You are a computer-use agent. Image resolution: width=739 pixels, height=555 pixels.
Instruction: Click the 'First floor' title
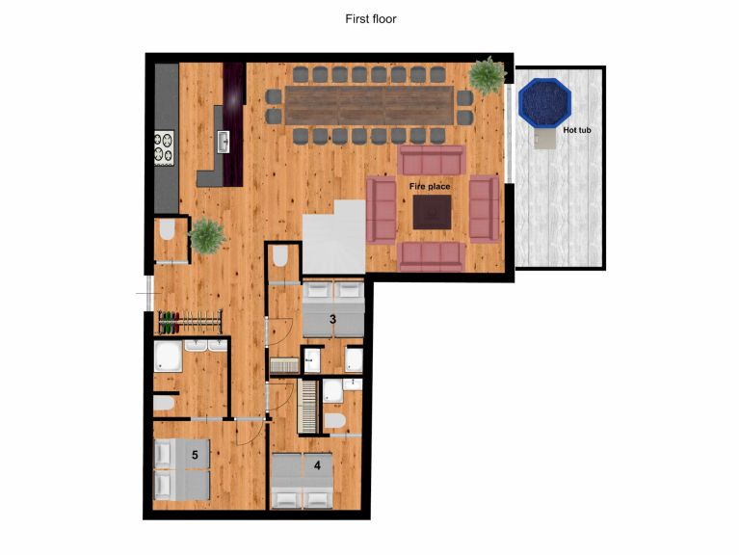(370, 19)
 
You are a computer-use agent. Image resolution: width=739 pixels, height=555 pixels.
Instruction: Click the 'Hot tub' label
(577, 130)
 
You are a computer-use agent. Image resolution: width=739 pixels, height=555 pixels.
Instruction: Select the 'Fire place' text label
(430, 187)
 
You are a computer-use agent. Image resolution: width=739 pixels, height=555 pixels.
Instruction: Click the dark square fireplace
(432, 212)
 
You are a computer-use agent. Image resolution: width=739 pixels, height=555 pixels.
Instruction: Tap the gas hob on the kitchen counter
(164, 147)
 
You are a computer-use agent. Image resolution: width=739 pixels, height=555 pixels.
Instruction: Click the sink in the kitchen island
(224, 142)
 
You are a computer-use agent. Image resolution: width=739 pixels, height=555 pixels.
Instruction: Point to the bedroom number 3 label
(332, 320)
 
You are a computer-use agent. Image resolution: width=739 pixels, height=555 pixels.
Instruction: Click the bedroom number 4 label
(317, 465)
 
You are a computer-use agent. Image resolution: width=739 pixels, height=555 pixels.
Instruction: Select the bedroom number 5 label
(195, 455)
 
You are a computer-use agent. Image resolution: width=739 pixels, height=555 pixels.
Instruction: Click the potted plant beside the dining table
(488, 75)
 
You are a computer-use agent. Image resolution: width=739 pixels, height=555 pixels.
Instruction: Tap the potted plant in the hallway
(206, 235)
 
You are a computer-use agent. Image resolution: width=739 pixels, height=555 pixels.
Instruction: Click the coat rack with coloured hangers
(190, 321)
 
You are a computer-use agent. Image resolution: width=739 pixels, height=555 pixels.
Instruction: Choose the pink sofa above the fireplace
(432, 160)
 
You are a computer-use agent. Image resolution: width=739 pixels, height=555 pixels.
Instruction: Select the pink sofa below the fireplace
(432, 256)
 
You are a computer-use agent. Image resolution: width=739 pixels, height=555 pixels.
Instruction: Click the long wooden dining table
(370, 105)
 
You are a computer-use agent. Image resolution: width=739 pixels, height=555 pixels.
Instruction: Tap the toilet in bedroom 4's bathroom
(335, 421)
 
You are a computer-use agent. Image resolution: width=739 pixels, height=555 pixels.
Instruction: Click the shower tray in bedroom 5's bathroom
(168, 357)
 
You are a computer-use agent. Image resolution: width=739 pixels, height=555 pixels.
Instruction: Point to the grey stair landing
(333, 237)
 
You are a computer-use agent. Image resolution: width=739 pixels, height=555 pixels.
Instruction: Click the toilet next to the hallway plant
(168, 230)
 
